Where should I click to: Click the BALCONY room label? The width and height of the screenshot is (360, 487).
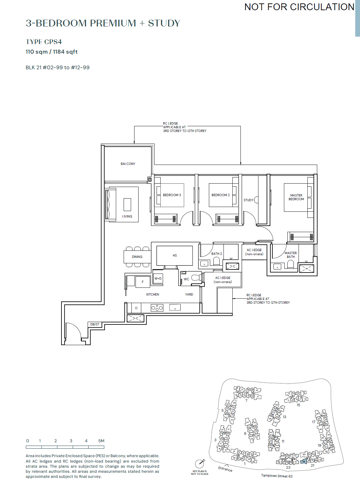[128, 164]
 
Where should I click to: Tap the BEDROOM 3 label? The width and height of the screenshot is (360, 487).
[172, 195]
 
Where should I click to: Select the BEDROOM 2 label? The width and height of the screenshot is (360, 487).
[220, 195]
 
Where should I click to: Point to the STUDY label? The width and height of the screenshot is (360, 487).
[248, 200]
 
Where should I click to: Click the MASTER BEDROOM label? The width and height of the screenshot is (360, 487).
[296, 197]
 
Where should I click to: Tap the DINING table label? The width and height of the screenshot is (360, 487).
[137, 257]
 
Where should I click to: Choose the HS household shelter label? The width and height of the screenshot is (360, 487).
[175, 256]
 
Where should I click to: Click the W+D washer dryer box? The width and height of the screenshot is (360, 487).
[158, 278]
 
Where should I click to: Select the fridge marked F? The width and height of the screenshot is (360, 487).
[143, 282]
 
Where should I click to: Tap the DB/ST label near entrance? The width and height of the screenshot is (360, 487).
[95, 324]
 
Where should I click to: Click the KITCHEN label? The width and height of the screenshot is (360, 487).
[152, 295]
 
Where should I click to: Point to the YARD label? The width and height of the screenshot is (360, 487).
[189, 295]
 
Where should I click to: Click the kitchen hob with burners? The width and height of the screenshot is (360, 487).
[157, 308]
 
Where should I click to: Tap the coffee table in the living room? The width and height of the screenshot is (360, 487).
[127, 204]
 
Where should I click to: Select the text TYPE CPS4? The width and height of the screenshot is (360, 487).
[44, 42]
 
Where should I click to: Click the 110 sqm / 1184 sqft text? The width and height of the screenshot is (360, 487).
[52, 52]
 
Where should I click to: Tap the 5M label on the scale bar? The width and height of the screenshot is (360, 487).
[101, 441]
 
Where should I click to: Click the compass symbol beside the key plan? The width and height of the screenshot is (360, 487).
[200, 463]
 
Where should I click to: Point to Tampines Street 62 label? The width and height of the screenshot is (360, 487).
[277, 476]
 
